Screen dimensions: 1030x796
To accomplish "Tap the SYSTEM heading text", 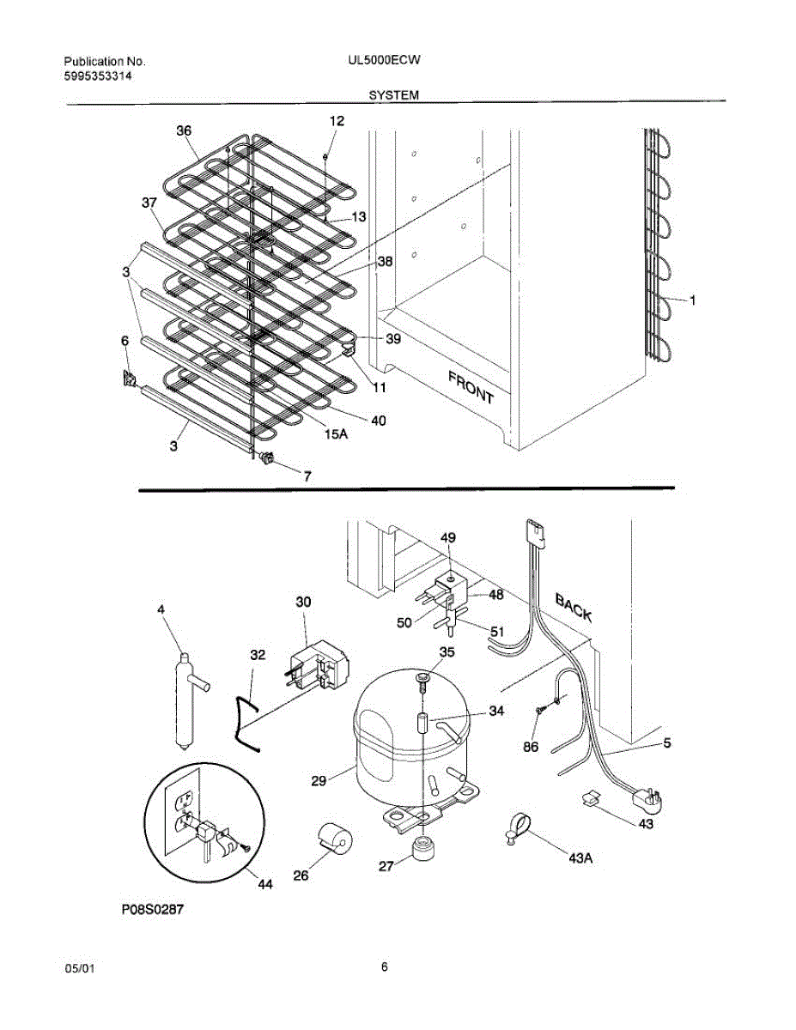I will click(x=393, y=96).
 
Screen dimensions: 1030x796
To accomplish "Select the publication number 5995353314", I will click(x=99, y=76).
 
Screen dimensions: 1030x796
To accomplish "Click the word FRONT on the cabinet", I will click(x=470, y=385).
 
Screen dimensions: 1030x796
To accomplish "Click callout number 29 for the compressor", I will click(x=319, y=780).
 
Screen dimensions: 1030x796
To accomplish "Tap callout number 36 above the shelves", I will click(x=184, y=131).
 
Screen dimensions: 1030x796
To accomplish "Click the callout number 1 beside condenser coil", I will click(x=693, y=300).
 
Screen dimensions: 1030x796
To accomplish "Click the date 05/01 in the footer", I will click(x=80, y=968).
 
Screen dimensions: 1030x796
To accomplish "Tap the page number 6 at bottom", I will click(x=385, y=967).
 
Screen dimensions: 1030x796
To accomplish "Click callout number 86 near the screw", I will click(x=531, y=748).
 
